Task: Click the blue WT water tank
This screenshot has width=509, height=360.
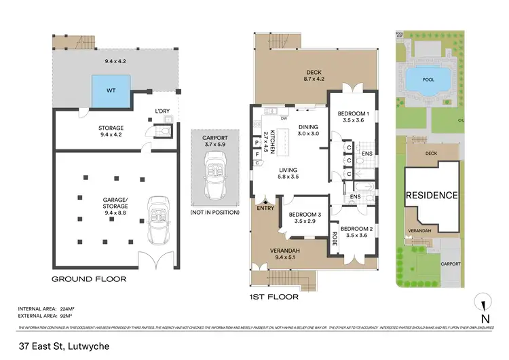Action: (111, 89)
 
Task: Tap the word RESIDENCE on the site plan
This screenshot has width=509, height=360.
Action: (432, 196)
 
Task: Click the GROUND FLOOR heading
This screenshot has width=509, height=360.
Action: (90, 278)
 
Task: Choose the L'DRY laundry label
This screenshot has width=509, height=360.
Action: (162, 111)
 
